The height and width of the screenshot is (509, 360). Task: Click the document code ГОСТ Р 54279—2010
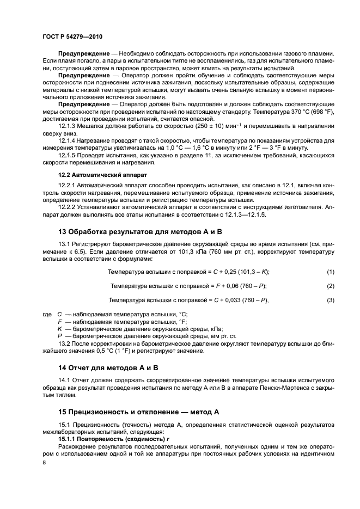72,36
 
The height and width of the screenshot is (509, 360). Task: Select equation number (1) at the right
330,272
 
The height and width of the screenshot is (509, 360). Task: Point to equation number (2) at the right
330,286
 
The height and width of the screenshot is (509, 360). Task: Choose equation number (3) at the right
330,301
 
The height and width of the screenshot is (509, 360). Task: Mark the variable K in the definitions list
60,329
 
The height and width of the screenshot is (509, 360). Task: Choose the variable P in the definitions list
60,336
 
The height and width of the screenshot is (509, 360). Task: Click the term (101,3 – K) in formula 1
249,272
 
